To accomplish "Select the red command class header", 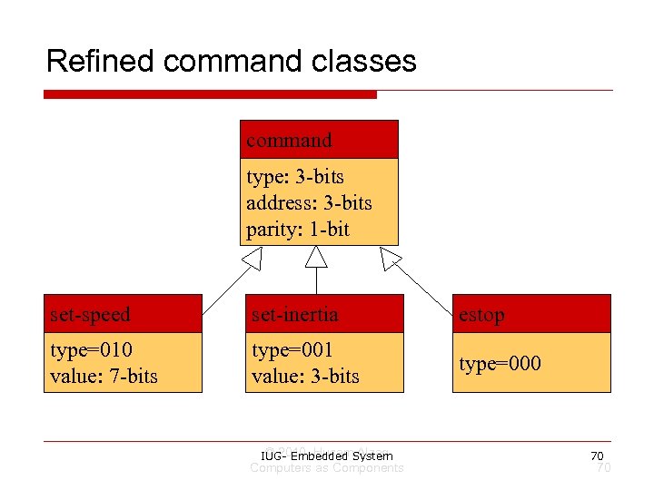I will [x=319, y=140].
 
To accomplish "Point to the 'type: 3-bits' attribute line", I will [x=294, y=176].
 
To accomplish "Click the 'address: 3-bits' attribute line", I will [x=309, y=202].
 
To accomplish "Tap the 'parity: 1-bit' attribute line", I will [x=297, y=229].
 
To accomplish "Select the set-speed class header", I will [x=124, y=314].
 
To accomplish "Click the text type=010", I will [x=91, y=349].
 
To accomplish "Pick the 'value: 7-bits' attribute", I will [x=104, y=376].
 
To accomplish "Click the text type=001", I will [x=292, y=349].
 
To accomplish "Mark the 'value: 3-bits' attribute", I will [x=305, y=376].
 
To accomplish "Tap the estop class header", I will [x=531, y=314].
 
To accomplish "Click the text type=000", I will [x=500, y=364].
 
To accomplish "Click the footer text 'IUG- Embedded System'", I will [x=326, y=456].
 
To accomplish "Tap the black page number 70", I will [x=597, y=455].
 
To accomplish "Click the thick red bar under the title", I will [x=210, y=94].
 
